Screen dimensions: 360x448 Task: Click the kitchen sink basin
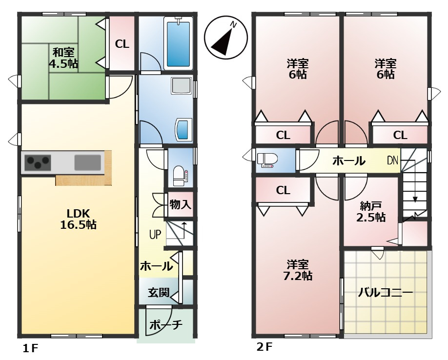click(x=88, y=161)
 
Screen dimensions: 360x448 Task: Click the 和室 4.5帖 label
click(x=63, y=58)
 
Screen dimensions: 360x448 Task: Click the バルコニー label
click(x=386, y=293)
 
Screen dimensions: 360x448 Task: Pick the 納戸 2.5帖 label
click(x=371, y=211)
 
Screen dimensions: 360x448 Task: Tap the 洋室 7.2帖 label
click(x=297, y=270)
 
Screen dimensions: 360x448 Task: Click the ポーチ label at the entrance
click(x=166, y=324)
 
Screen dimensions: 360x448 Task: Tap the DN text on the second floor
click(x=393, y=160)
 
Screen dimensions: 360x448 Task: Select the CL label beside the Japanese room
click(x=122, y=44)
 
